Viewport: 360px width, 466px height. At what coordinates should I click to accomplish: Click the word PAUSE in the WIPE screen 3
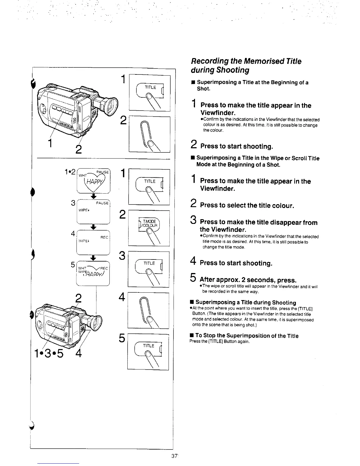click(x=102, y=203)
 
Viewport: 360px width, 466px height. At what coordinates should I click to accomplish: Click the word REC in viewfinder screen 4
click(x=104, y=237)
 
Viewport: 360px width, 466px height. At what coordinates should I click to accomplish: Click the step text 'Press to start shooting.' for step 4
click(x=236, y=263)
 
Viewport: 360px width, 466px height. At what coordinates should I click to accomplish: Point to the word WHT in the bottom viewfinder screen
click(x=81, y=268)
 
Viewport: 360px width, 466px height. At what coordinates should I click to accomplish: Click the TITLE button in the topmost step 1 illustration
click(x=150, y=87)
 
